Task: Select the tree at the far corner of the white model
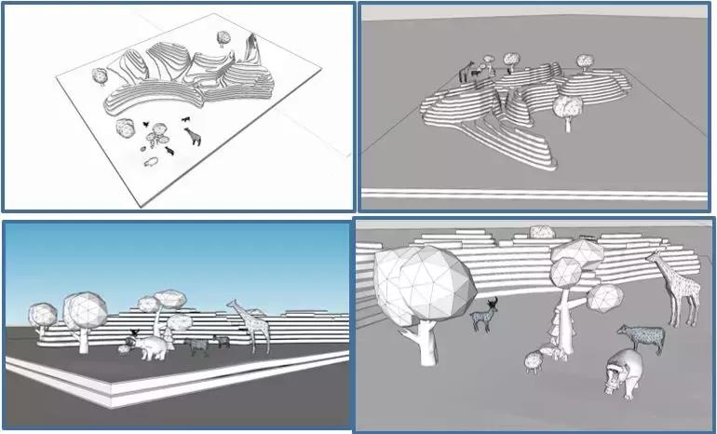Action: pyautogui.click(x=223, y=38)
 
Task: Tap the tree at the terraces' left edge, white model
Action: pyautogui.click(x=99, y=75)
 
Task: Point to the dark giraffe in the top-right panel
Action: pyautogui.click(x=463, y=72)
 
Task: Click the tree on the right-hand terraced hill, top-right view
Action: pyautogui.click(x=584, y=61)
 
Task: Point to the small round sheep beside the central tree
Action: pyautogui.click(x=534, y=359)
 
